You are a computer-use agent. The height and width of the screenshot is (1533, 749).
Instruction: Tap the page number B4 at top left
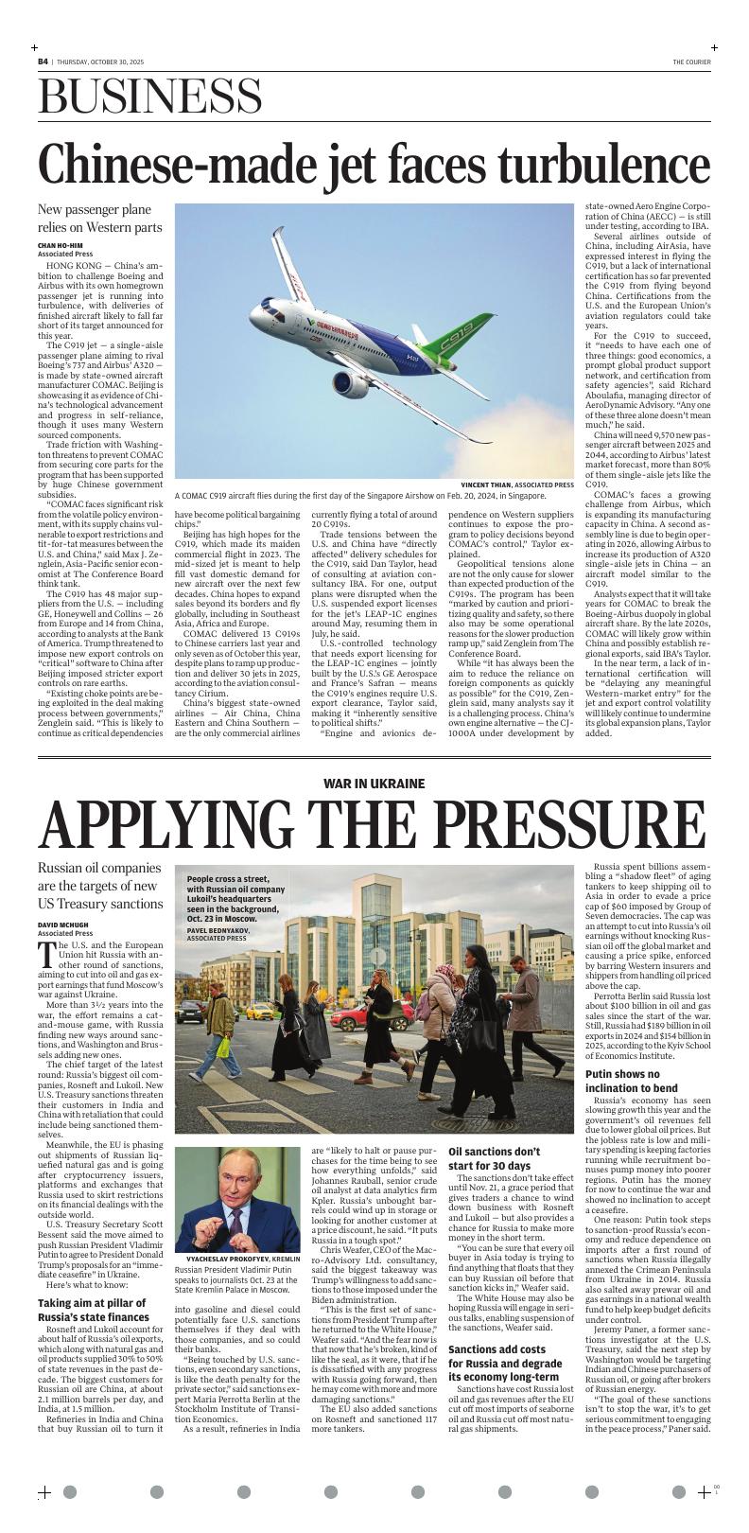pyautogui.click(x=43, y=62)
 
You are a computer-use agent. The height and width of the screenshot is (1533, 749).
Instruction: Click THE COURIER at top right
pyautogui.click(x=691, y=62)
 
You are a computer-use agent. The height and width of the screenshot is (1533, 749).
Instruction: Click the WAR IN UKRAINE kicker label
pyautogui.click(x=374, y=784)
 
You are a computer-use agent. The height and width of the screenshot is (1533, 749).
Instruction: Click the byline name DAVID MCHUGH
pyautogui.click(x=61, y=924)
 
